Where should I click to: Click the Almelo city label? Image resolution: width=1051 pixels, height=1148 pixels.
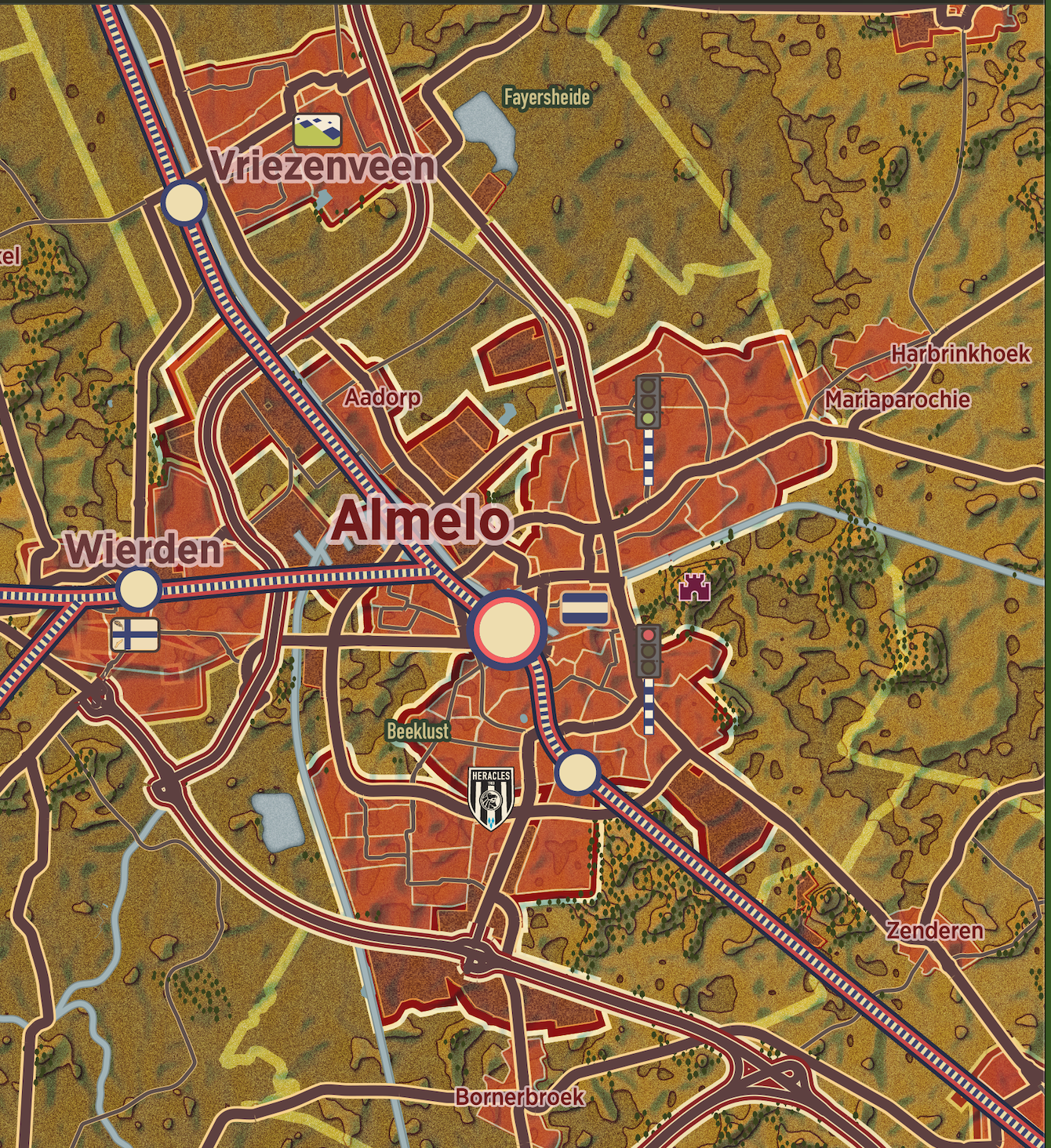420,522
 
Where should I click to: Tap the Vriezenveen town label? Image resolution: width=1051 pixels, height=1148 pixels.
323,167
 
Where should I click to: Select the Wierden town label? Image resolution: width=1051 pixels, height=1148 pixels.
144,549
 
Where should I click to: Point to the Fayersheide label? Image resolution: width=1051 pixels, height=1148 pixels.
547,97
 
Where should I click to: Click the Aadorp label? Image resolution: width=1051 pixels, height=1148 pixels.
382,398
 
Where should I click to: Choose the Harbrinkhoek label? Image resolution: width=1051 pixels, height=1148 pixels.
960,354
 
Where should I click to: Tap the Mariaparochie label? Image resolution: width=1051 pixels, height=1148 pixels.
897,400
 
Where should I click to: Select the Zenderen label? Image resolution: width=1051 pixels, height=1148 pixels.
935,931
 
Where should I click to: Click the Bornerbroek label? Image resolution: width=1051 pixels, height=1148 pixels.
519,1096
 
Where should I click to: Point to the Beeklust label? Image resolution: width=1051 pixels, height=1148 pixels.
418,731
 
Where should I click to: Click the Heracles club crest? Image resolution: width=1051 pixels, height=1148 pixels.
491,795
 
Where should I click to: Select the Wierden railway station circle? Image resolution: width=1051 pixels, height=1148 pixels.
138,589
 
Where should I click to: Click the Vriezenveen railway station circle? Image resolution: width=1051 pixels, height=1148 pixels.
184,202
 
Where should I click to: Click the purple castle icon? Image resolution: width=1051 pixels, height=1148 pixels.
695,587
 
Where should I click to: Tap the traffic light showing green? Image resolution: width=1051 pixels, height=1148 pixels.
648,401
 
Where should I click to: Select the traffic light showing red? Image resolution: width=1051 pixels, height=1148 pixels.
648,651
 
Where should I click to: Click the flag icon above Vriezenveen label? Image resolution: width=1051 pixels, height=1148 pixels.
318,131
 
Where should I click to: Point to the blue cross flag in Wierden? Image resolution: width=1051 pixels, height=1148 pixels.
135,634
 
